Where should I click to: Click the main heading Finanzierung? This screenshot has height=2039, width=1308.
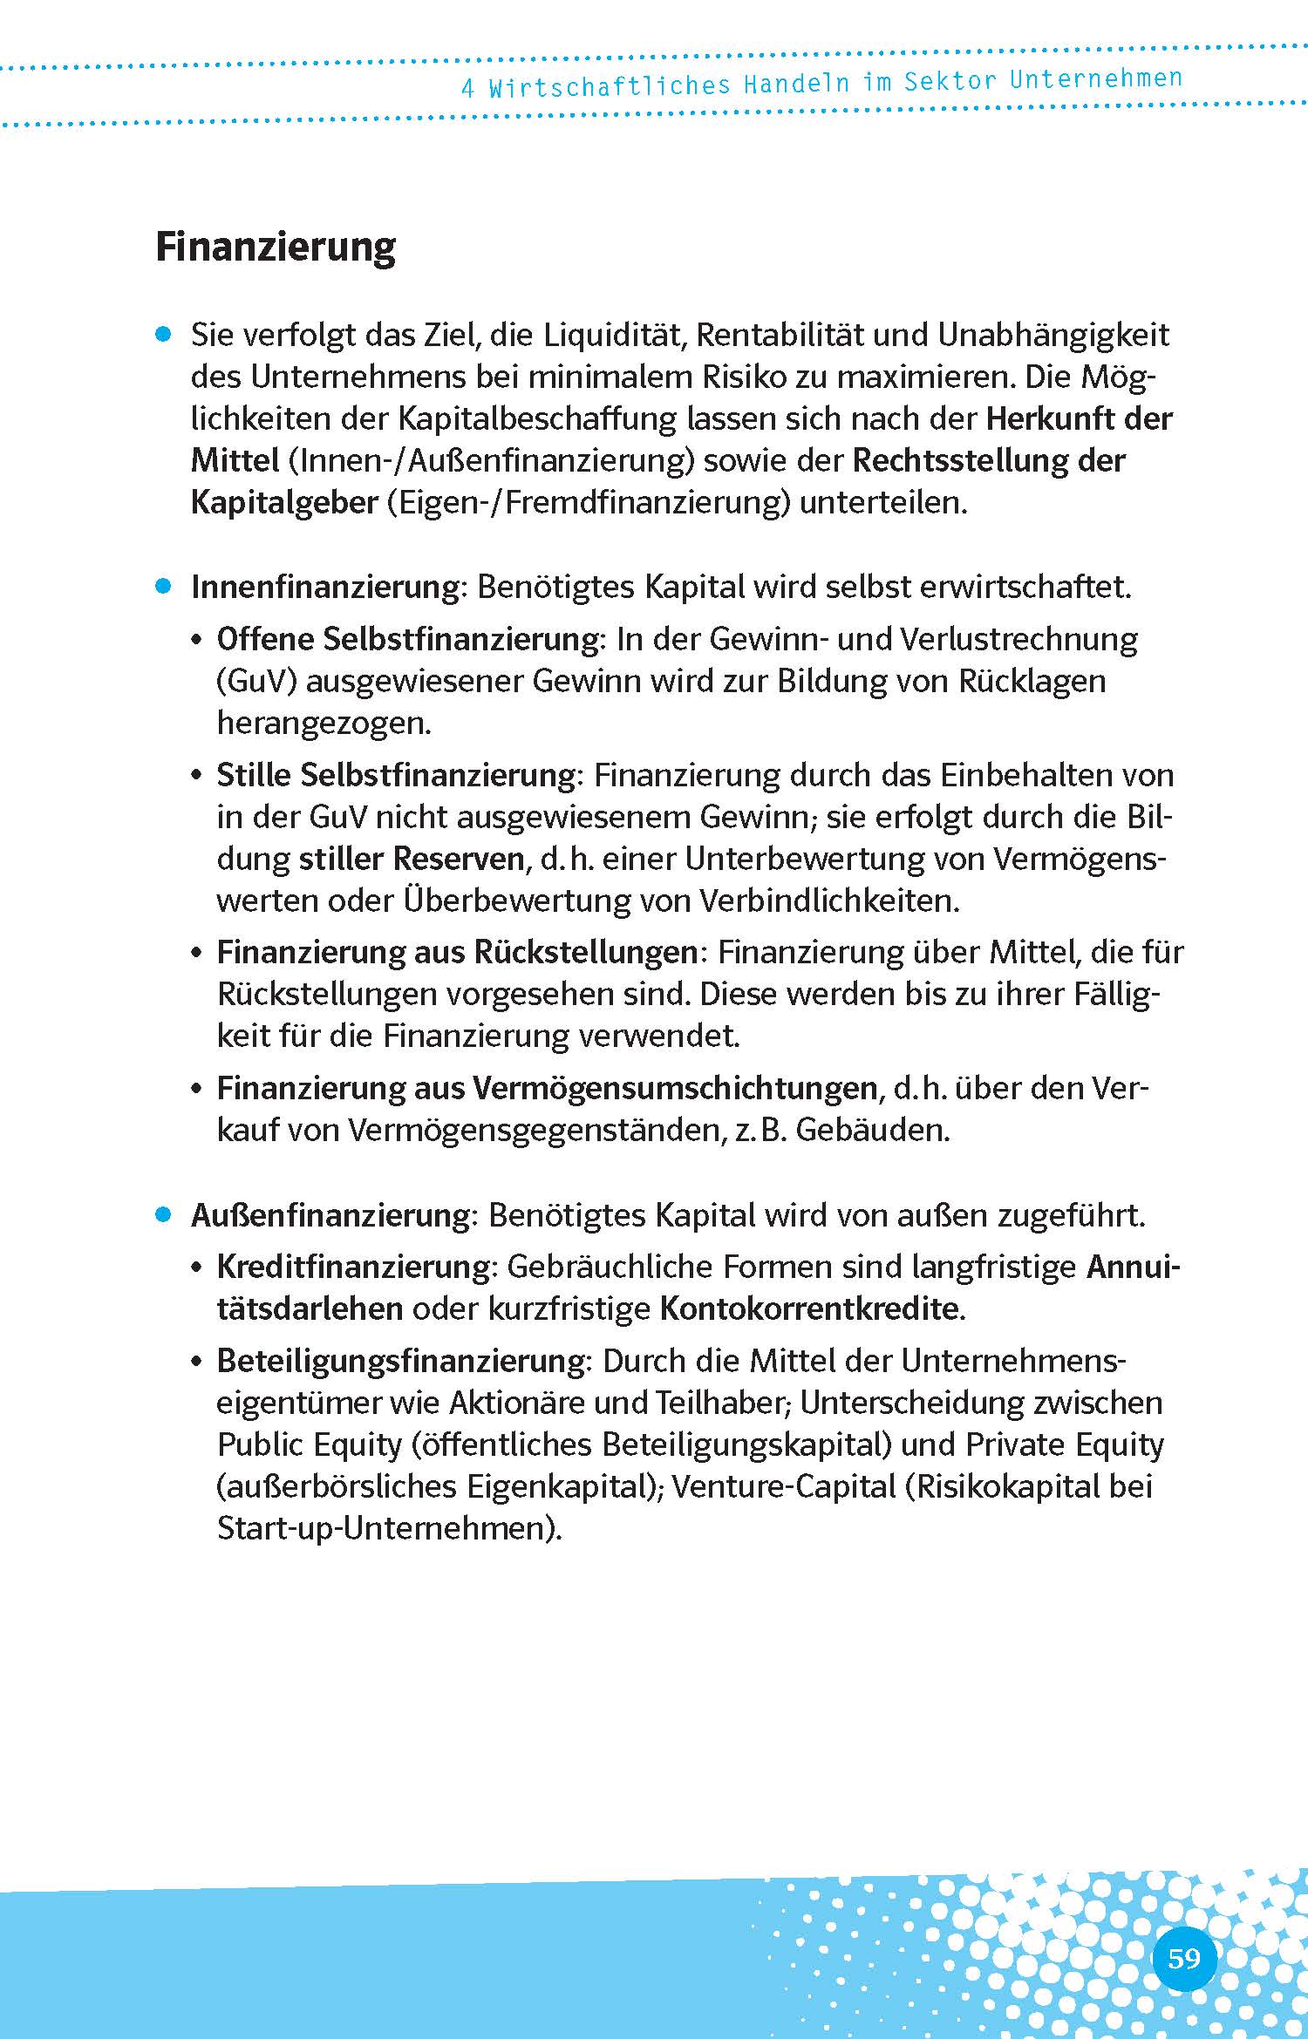[276, 248]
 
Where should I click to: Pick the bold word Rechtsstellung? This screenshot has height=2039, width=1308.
[958, 460]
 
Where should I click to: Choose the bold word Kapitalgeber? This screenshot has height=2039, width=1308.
[284, 503]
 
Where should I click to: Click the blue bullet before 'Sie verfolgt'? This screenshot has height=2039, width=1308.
[162, 335]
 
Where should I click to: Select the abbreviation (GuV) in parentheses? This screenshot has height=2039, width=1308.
[257, 681]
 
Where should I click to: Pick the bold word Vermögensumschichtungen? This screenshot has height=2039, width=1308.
[675, 1088]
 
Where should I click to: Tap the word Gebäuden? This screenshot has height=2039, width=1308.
[873, 1130]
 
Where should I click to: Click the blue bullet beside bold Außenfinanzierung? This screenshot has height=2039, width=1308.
[162, 1215]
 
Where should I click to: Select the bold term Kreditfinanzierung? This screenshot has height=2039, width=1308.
[354, 1267]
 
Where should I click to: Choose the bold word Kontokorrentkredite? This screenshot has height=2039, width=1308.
[809, 1308]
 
